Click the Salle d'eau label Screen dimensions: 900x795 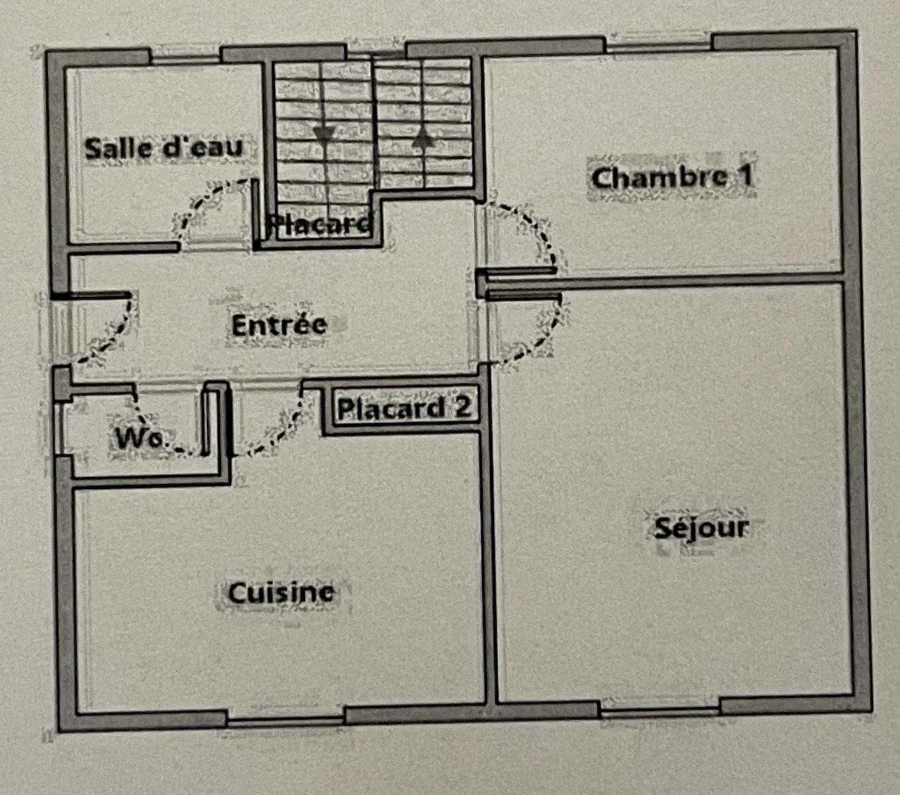[x=164, y=148]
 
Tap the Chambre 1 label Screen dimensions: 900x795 [x=672, y=178]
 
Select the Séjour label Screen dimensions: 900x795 [x=702, y=529]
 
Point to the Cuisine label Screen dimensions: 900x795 [x=281, y=592]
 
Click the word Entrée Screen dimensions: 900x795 [x=279, y=325]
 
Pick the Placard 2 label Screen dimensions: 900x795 [x=403, y=408]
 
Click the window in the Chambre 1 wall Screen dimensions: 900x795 [x=659, y=42]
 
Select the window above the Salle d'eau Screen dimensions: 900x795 [x=185, y=56]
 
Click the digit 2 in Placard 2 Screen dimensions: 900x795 [x=463, y=407]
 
